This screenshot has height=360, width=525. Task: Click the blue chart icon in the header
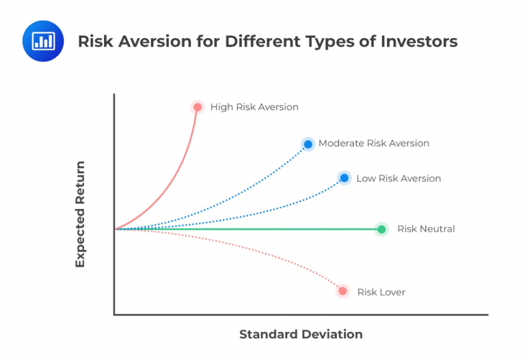tap(43, 41)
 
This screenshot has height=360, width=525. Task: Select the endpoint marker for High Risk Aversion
tap(198, 107)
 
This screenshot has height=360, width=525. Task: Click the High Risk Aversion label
tap(254, 107)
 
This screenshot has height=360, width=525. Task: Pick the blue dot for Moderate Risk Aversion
tap(308, 143)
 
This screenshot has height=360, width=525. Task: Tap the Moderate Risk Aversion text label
tap(373, 143)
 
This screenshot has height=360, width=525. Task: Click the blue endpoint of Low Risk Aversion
tap(344, 178)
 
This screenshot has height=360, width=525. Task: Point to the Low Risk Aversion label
tap(399, 178)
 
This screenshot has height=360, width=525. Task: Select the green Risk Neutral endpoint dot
tap(381, 229)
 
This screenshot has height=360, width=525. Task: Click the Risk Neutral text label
tap(426, 229)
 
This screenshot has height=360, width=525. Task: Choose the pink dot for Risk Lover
tap(342, 291)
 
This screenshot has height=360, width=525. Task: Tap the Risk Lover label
tap(381, 292)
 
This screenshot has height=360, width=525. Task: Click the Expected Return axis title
tap(80, 214)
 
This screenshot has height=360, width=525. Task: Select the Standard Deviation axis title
tap(301, 335)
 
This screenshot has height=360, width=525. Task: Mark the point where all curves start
tap(115, 229)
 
